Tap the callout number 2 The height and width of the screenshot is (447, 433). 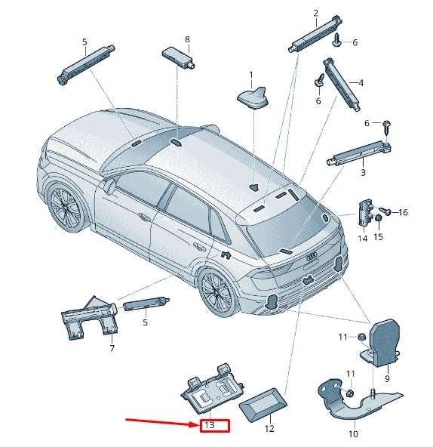pos(315,13)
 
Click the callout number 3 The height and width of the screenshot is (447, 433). pos(362,173)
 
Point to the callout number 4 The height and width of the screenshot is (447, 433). pos(361,82)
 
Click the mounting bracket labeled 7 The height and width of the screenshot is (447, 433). pos(88,317)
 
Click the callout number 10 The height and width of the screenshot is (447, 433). pos(354,434)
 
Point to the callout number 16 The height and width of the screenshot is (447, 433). pos(403,213)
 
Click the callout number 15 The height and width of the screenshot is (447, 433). pos(378,237)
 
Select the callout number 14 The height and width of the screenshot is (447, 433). pos(362,239)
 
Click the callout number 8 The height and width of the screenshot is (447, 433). pos(187,39)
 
